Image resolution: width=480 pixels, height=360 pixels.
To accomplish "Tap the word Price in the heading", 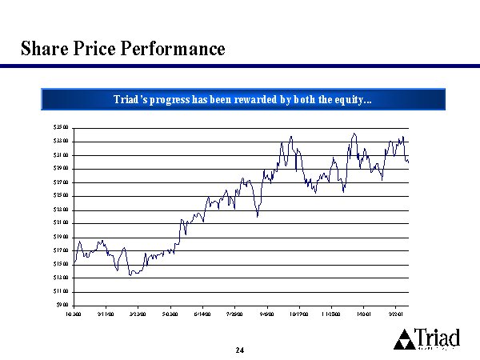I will coord(95,49).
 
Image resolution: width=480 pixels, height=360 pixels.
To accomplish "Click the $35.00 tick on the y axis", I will coord(61,127).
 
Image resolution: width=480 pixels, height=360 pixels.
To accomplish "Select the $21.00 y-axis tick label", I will coord(61,222).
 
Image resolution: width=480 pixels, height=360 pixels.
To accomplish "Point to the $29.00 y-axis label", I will coord(61,168).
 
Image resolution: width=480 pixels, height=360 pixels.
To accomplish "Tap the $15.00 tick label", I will coord(61,264).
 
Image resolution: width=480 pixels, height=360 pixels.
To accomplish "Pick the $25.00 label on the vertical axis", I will coord(61,195).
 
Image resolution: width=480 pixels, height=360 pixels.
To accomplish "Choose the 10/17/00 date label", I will coord(299,314).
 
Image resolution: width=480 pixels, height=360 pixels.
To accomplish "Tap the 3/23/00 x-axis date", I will coord(138,314).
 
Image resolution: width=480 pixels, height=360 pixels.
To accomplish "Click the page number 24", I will coord(240,350).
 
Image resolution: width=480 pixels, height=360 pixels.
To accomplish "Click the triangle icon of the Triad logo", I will coord(406,340).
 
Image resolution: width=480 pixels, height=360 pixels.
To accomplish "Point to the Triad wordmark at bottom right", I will coord(438,338).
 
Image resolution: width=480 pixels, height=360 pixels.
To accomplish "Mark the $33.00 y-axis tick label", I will coord(61,141).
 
